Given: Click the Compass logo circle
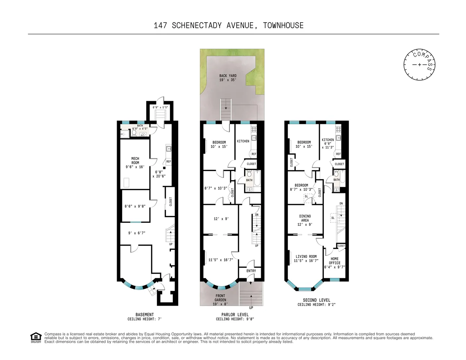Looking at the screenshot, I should point(419,64).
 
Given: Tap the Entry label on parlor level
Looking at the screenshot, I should point(251,271).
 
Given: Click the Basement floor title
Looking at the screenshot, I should point(144,314).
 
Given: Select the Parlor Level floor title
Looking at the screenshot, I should point(235,314).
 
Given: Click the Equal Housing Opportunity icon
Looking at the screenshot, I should point(36,337).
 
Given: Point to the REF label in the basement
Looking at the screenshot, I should point(169,162).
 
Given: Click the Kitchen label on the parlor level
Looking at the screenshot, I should point(243,141).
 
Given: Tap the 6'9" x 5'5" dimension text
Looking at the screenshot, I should point(160,107).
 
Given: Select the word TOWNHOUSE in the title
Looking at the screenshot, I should point(283,25).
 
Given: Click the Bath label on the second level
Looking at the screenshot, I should point(336,180).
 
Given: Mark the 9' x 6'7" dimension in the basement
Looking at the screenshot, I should point(136,233).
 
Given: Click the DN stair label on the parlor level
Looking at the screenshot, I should point(257,215).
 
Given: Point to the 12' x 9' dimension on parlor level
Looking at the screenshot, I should point(221,219).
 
